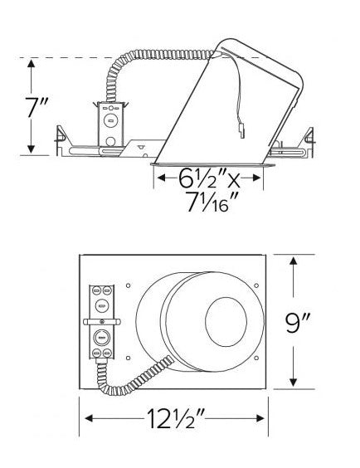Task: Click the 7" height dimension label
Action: [x=36, y=106]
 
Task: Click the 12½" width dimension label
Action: [x=175, y=418]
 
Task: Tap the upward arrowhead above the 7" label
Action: [x=31, y=64]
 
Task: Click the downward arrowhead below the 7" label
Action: [x=31, y=149]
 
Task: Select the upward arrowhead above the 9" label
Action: [x=294, y=261]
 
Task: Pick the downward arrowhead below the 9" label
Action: [x=294, y=382]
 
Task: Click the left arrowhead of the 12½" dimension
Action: [x=90, y=418]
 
